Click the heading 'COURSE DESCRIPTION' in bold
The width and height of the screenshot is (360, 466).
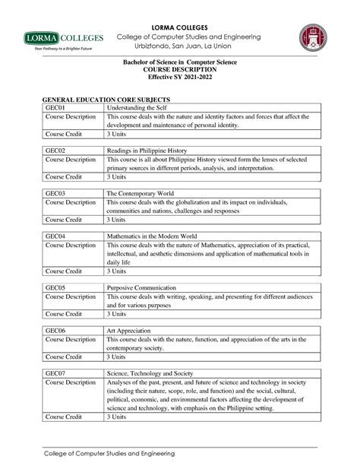point(180,71)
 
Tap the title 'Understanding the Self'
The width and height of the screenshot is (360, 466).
point(135,108)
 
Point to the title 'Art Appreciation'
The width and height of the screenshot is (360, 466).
point(128,331)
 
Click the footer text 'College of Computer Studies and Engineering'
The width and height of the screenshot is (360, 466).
point(107,455)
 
